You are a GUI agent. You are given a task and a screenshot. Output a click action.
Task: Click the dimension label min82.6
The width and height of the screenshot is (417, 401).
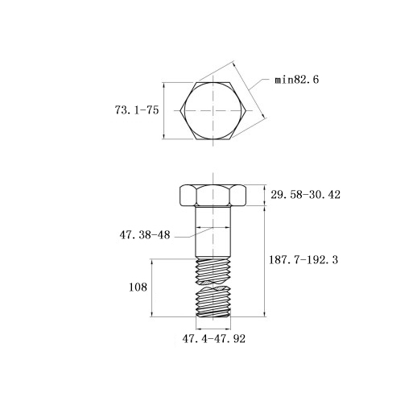click(x=296, y=80)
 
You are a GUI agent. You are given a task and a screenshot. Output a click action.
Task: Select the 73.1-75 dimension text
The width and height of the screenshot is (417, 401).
click(x=137, y=110)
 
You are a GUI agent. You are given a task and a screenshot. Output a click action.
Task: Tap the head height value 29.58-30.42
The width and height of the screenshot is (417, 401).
click(x=305, y=195)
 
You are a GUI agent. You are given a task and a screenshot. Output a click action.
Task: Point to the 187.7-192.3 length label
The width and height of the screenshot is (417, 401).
click(x=303, y=259)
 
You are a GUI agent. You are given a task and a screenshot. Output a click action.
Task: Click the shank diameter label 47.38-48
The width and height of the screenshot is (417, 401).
click(x=145, y=235)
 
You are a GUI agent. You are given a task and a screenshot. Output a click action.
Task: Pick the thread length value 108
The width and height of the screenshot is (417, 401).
click(x=138, y=287)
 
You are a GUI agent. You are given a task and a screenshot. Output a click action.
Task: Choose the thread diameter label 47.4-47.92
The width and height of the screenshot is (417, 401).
click(x=213, y=339)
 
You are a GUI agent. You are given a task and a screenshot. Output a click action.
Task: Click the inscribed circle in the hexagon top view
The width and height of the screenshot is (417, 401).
click(x=184, y=110)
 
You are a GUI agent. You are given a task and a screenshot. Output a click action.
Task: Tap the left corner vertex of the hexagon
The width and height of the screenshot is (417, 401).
click(x=180, y=110)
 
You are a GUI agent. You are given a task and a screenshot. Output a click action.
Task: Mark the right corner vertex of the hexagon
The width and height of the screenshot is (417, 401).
click(x=246, y=110)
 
